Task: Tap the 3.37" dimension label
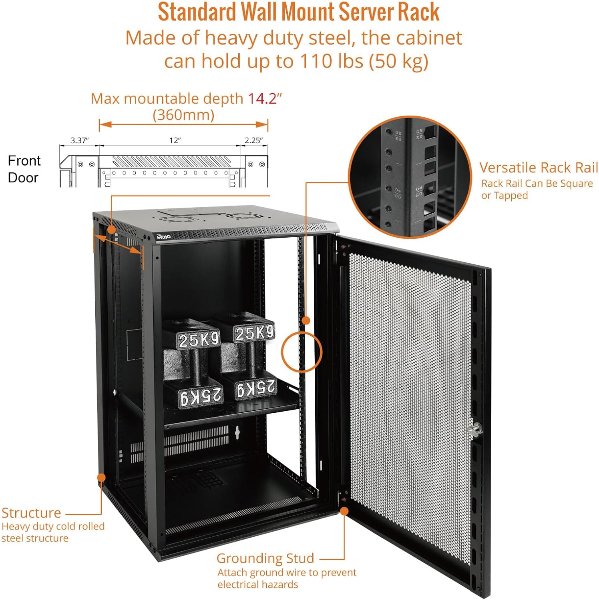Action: [79, 140]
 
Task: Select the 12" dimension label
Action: [175, 140]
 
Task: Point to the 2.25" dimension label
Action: [254, 140]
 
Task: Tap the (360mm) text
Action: [183, 115]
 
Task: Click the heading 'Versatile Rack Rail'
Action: [539, 168]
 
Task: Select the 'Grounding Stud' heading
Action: [265, 558]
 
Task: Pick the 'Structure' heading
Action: [31, 513]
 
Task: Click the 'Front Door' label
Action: [24, 169]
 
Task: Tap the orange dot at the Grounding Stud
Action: [344, 511]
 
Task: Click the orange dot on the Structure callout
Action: [101, 478]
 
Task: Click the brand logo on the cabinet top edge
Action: [163, 236]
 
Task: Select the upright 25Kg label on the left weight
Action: [199, 340]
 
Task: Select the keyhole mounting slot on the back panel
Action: [237, 432]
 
